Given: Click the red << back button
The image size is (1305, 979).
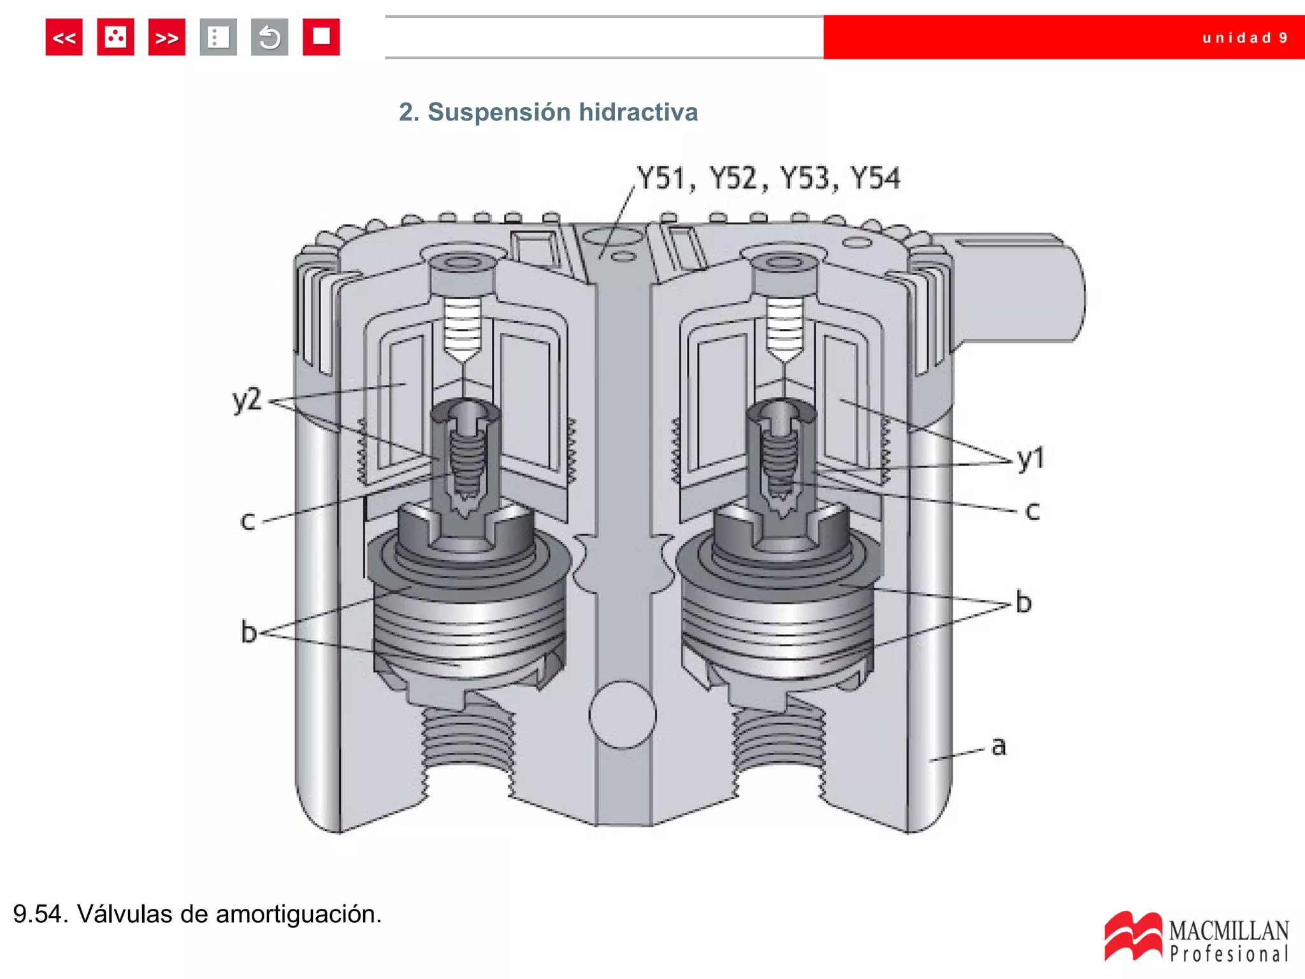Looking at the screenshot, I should (x=64, y=38).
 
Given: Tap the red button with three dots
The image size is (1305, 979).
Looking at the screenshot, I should (x=115, y=38).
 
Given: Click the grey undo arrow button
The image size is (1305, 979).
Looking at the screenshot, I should (x=270, y=38).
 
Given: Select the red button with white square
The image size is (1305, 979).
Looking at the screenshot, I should (x=321, y=38).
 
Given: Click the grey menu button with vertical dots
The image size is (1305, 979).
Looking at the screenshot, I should (x=218, y=38).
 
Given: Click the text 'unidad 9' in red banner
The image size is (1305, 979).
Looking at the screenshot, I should (x=1244, y=38).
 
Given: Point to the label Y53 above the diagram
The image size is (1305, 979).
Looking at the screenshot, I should (x=805, y=178).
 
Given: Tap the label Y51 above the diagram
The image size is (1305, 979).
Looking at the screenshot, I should (x=661, y=178).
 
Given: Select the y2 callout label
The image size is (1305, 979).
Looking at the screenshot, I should (x=247, y=400).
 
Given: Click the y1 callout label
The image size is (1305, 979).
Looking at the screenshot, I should (x=1030, y=458).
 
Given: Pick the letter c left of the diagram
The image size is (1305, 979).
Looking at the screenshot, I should (x=247, y=521).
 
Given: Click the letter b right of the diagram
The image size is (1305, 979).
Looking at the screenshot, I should (x=1023, y=602).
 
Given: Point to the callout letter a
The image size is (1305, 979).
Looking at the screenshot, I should (x=999, y=746).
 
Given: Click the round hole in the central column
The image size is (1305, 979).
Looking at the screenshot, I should (x=623, y=714).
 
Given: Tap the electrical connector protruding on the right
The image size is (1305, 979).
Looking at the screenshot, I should (x=1020, y=287).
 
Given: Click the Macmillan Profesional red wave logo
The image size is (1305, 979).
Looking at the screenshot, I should (x=1132, y=936).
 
